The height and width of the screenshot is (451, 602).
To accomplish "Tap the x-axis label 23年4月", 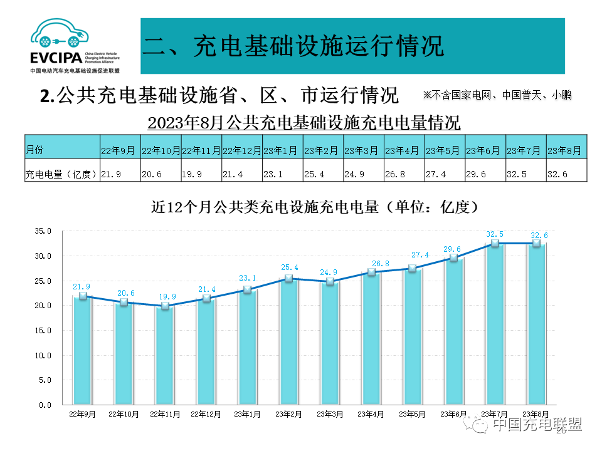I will point(371,414).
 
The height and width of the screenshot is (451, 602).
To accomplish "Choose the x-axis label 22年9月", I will point(82,414).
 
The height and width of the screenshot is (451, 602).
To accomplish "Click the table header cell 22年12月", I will point(242,151).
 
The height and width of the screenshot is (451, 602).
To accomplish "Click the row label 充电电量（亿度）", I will point(61,174).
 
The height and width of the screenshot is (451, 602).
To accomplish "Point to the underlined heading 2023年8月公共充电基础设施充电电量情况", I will point(304,122).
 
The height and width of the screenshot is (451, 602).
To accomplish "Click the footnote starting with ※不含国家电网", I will point(497,95).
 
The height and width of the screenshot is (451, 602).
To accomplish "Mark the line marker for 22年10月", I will point(124,302).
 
